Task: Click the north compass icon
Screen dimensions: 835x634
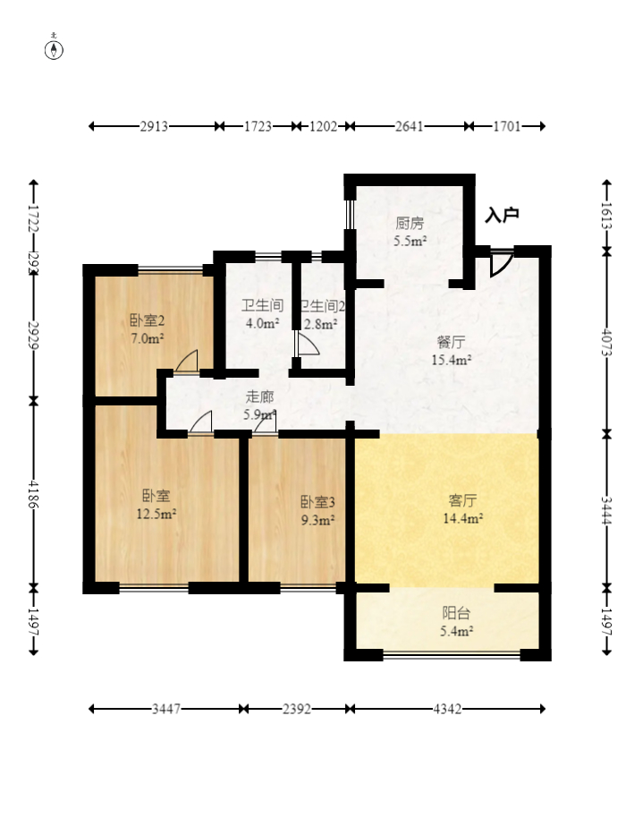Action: [55, 48]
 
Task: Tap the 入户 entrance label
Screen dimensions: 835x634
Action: [502, 215]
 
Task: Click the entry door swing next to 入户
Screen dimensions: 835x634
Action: [500, 262]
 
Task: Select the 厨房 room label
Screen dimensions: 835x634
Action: [410, 223]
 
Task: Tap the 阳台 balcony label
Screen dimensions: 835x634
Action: [457, 613]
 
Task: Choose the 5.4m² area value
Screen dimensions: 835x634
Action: [457, 631]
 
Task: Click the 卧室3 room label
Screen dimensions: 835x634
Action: [317, 501]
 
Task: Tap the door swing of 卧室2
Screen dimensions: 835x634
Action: [187, 361]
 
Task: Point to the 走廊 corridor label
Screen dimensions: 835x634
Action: [259, 397]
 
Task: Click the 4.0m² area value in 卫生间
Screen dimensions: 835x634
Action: [261, 323]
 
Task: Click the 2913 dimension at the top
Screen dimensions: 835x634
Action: [155, 127]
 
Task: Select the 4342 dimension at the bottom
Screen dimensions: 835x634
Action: [448, 710]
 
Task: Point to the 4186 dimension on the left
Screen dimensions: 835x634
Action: [34, 493]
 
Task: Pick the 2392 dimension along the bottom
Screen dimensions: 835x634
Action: [297, 710]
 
